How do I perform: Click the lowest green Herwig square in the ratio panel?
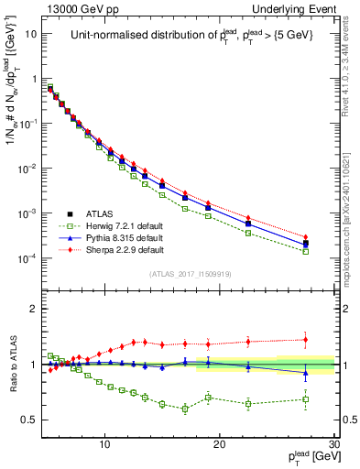point(185,409)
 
